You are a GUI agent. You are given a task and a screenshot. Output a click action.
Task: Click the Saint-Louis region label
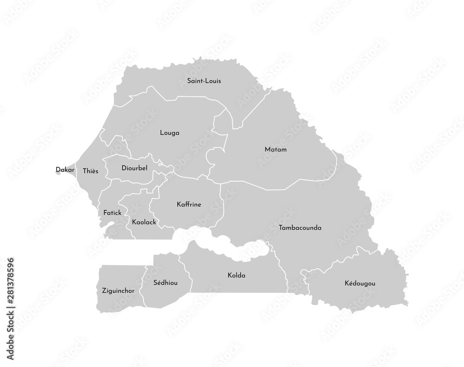[x=204, y=81]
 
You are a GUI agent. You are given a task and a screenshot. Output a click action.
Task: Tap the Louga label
[x=169, y=133]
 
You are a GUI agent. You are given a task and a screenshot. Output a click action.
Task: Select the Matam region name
[x=276, y=150]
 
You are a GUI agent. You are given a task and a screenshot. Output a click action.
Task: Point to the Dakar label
[x=65, y=170]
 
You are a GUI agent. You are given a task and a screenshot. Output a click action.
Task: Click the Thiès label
[x=90, y=171]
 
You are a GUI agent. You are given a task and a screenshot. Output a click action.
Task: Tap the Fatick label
[x=112, y=213]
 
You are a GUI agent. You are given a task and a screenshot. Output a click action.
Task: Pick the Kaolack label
[x=144, y=222]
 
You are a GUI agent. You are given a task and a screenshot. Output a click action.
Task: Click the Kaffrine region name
[x=189, y=204]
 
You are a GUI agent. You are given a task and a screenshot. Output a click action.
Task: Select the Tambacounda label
[x=300, y=228]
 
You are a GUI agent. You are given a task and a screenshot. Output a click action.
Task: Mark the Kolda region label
[x=237, y=275]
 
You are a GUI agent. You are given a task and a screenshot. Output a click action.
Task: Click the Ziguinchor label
[x=118, y=291]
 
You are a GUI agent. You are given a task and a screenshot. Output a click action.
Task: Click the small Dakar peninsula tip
[x=59, y=175]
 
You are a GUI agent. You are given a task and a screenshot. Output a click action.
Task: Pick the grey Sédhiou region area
[x=162, y=294]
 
